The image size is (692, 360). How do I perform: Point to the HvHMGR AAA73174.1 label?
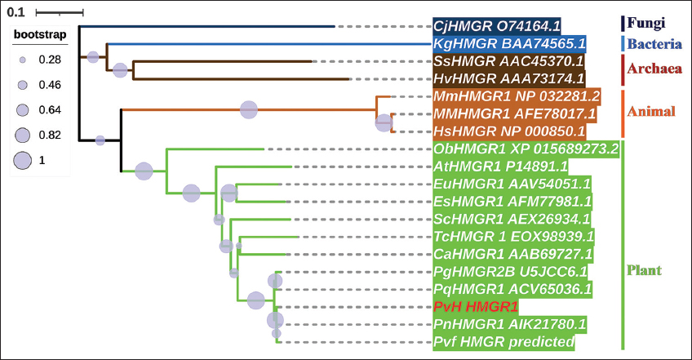point(509,79)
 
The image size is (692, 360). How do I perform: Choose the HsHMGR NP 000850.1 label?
point(509,131)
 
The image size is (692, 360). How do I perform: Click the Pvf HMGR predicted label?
point(503,342)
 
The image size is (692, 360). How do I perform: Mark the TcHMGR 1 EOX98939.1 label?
point(513,237)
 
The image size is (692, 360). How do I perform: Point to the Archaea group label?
point(654,69)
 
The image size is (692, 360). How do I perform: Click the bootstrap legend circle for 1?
point(23,160)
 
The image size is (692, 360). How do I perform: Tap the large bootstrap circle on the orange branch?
point(249,109)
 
